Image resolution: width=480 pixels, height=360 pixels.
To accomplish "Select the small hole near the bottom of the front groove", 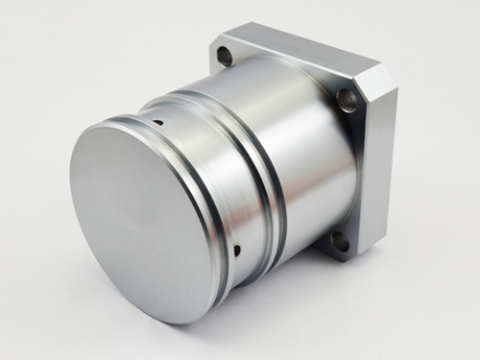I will click(x=236, y=252).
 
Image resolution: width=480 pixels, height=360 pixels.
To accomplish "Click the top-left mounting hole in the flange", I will click(x=225, y=56).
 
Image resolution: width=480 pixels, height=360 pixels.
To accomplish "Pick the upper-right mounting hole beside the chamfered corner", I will click(x=348, y=99).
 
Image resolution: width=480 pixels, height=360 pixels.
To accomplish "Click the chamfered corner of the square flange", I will click(x=384, y=79).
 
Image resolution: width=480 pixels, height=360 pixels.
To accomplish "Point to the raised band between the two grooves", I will click(x=235, y=168).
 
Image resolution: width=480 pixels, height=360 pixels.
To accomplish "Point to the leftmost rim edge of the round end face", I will click(x=69, y=192).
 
